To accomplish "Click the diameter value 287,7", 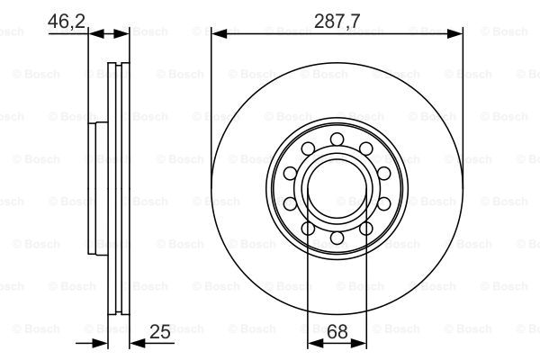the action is pyautogui.click(x=337, y=22).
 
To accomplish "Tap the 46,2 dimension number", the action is pyautogui.click(x=67, y=22).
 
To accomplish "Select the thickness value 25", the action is pyautogui.click(x=160, y=332).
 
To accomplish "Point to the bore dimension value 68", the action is pyautogui.click(x=337, y=332).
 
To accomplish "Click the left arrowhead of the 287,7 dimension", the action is pyautogui.click(x=219, y=34).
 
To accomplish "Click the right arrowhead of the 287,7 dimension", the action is pyautogui.click(x=454, y=34).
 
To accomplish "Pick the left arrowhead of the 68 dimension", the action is pyautogui.click(x=315, y=343).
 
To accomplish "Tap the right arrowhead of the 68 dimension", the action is pyautogui.click(x=358, y=343).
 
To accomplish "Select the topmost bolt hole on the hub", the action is pyautogui.click(x=337, y=139).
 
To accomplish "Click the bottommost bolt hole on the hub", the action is pyautogui.click(x=337, y=238).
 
